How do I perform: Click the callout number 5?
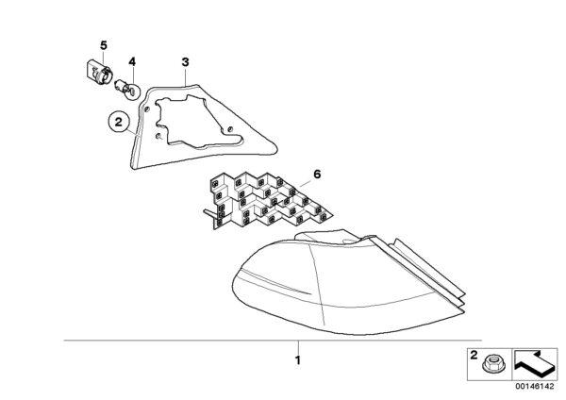[x=104, y=46]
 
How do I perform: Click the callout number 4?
[x=132, y=61]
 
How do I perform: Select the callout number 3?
[x=185, y=62]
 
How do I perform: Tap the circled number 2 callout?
[x=119, y=122]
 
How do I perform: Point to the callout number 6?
[x=317, y=175]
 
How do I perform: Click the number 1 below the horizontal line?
[x=298, y=360]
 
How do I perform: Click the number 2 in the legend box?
[x=474, y=356]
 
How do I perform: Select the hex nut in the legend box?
[x=493, y=363]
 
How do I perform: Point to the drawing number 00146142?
[x=534, y=386]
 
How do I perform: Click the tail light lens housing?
[x=346, y=285]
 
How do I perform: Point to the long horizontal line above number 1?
[x=273, y=341]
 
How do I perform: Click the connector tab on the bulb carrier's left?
[x=208, y=214]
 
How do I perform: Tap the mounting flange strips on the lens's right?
[x=426, y=271]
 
